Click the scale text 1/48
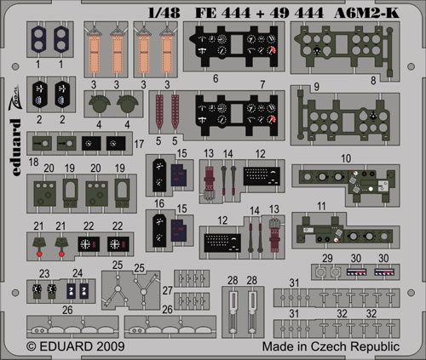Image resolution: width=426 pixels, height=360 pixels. (164, 13)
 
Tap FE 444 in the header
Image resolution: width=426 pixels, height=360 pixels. (223, 13)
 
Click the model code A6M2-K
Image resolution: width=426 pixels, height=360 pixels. (366, 13)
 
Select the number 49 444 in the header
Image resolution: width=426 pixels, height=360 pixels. (296, 13)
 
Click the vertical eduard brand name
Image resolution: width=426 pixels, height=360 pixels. (15, 147)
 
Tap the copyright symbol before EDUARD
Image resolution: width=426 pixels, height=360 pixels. (32, 346)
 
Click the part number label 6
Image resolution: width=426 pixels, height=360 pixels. (216, 78)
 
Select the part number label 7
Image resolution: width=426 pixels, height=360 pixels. (262, 84)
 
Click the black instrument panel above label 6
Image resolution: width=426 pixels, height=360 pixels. (233, 46)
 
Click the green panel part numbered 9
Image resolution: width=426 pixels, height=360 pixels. (343, 114)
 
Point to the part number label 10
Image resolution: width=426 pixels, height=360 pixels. (346, 158)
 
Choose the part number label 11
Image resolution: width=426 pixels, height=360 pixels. (321, 206)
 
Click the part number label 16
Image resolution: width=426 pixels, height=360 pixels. (159, 203)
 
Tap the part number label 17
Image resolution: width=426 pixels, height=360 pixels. (139, 144)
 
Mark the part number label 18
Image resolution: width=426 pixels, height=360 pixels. (33, 162)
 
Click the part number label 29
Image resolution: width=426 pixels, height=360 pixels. (327, 258)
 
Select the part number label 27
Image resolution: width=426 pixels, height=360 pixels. (168, 290)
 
